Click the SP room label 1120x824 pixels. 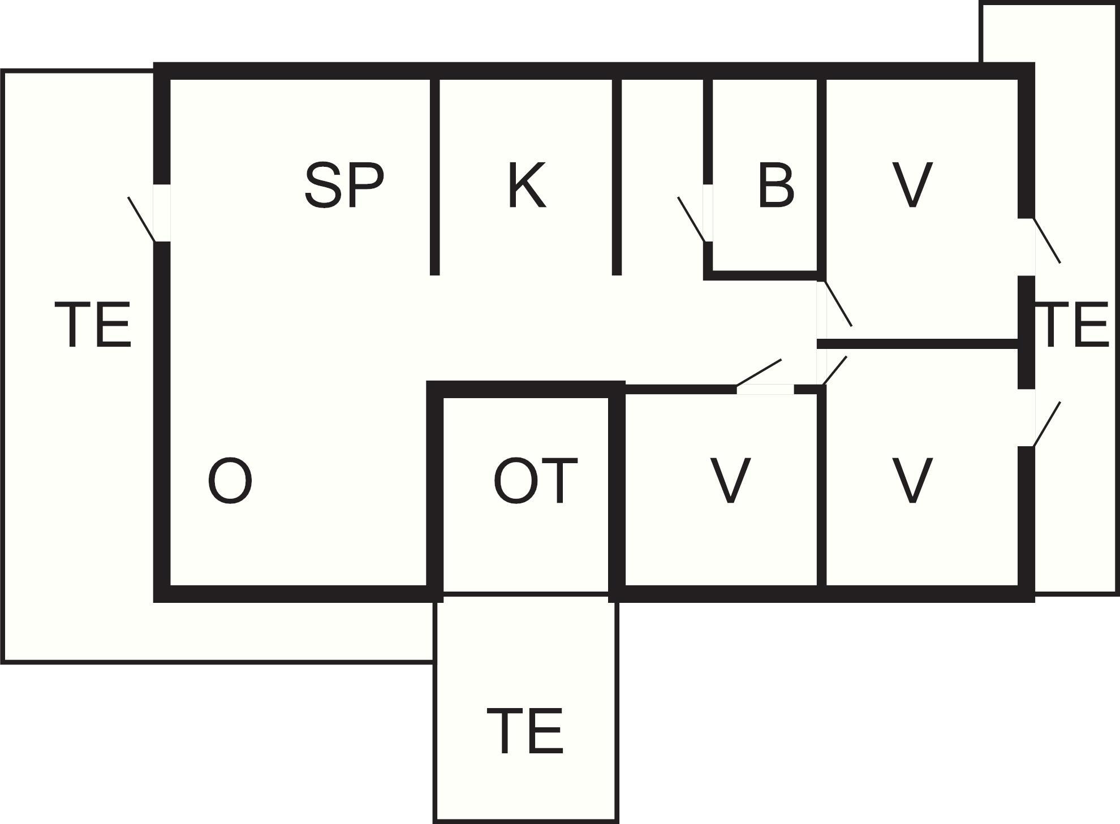pyautogui.click(x=344, y=185)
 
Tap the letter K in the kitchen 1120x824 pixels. pyautogui.click(x=527, y=185)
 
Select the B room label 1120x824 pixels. pyautogui.click(x=776, y=185)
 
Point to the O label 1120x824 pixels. pyautogui.click(x=230, y=481)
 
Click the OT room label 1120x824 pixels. pyautogui.click(x=535, y=481)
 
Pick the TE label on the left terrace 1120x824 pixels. pyautogui.click(x=93, y=325)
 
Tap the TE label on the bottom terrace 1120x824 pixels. pyautogui.click(x=525, y=732)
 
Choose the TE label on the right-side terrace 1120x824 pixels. pyautogui.click(x=1075, y=325)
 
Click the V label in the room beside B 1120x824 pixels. pyautogui.click(x=912, y=185)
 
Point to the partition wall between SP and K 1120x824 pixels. pyautogui.click(x=434, y=176)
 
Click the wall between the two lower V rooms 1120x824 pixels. pyautogui.click(x=821, y=486)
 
